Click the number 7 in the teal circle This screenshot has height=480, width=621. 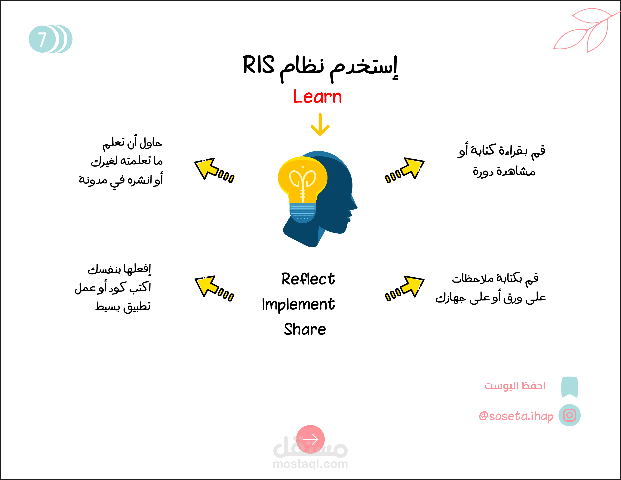pyautogui.click(x=42, y=39)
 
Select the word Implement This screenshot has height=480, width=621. pyautogui.click(x=299, y=304)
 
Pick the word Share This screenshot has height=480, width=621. pyautogui.click(x=305, y=329)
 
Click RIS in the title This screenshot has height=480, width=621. pyautogui.click(x=258, y=65)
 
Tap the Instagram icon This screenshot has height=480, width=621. pyautogui.click(x=570, y=415)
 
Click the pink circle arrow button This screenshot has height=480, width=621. pyautogui.click(x=311, y=439)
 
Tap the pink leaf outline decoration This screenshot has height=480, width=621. pyautogui.click(x=586, y=30)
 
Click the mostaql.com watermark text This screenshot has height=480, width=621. pyautogui.click(x=310, y=464)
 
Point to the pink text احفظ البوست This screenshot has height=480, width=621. pyautogui.click(x=515, y=386)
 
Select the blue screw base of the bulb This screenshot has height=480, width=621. pyautogui.click(x=303, y=213)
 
